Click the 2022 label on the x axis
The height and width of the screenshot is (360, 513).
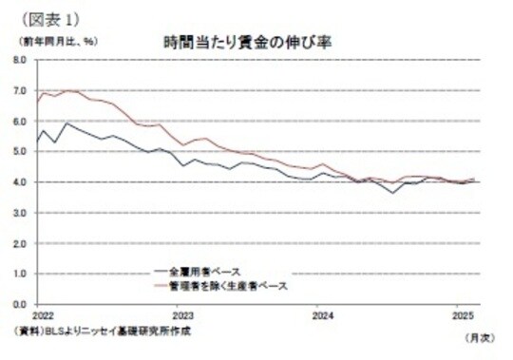pyautogui.click(x=42, y=314)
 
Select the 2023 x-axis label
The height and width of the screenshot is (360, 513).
pyautogui.click(x=182, y=314)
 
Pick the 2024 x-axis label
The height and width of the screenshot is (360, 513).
pyautogui.click(x=323, y=314)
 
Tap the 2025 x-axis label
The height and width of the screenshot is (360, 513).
pyautogui.click(x=463, y=314)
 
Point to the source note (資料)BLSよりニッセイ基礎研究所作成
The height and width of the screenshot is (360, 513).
pyautogui.click(x=92, y=331)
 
